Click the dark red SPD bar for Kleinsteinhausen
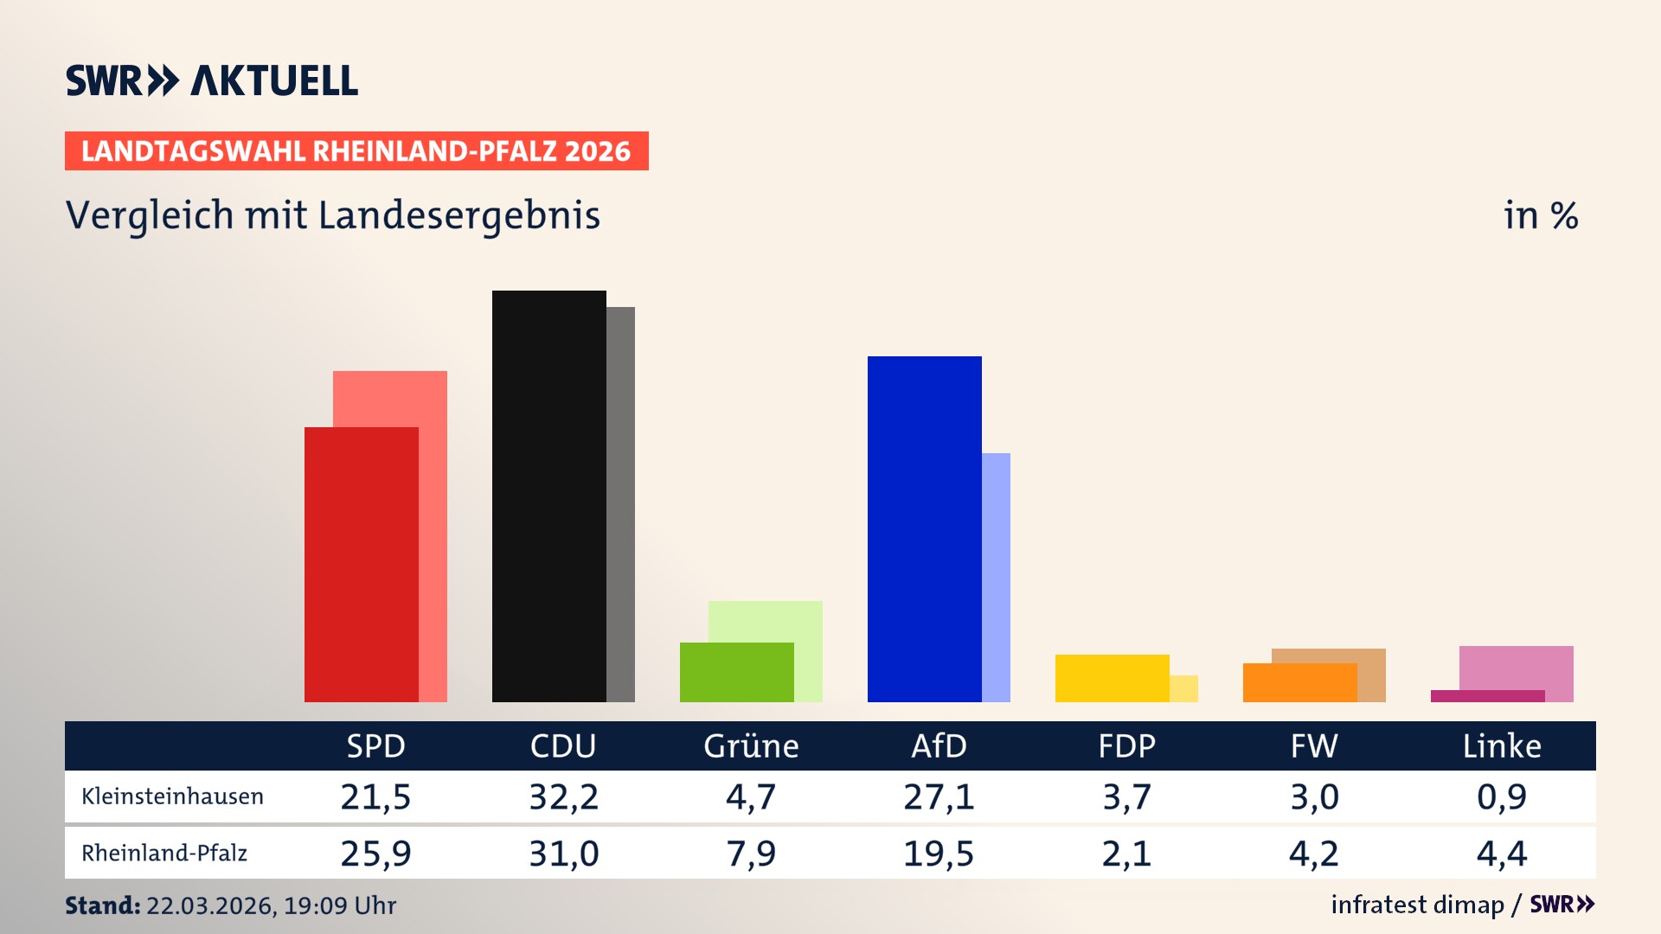[361, 564]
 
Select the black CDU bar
[548, 496]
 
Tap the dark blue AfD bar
[924, 528]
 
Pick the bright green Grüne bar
[736, 672]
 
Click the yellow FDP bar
[1112, 678]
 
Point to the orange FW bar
[1299, 682]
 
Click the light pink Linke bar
[1516, 667]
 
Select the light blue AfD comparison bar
[996, 577]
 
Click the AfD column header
[939, 745]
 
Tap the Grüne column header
[751, 745]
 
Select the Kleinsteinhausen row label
[172, 796]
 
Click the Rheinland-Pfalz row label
[164, 854]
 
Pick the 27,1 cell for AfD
[939, 796]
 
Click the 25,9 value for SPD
[375, 854]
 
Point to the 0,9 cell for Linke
[1502, 796]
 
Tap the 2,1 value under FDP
[1126, 854]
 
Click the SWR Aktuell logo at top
[212, 80]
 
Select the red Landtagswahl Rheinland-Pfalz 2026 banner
[356, 151]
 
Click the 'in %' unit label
[1541, 215]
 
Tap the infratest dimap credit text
[1417, 905]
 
